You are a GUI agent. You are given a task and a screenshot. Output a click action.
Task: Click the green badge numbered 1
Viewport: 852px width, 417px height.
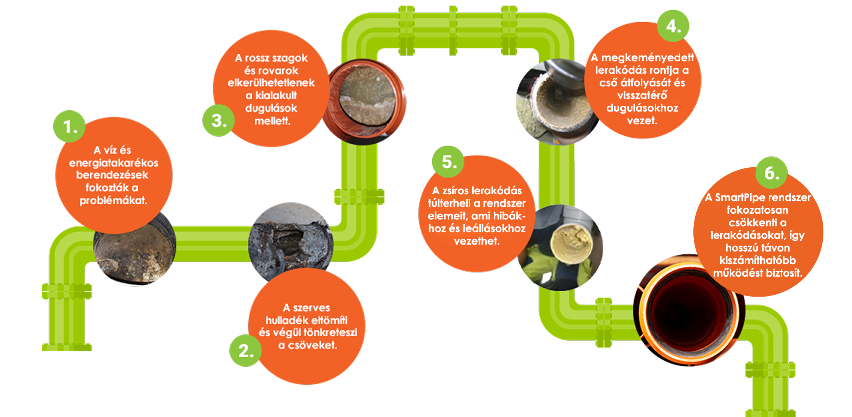[x=69, y=126]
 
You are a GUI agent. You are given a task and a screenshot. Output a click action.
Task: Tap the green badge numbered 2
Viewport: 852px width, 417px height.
[x=246, y=351]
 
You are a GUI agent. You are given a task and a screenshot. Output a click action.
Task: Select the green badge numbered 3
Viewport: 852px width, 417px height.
[x=219, y=120]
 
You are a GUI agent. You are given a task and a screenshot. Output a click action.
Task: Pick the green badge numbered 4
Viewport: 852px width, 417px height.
[x=673, y=26]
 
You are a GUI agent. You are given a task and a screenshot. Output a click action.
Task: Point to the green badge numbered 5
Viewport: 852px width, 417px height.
[x=448, y=162]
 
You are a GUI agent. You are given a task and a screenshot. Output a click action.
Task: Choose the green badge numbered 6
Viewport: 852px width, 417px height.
[x=771, y=173]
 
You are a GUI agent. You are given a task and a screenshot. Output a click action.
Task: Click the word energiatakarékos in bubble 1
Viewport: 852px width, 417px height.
[x=114, y=163]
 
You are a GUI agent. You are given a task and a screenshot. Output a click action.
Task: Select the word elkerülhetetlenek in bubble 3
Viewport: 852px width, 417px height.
[x=271, y=82]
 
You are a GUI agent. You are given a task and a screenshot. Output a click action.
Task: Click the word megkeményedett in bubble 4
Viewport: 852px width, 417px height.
[x=648, y=58]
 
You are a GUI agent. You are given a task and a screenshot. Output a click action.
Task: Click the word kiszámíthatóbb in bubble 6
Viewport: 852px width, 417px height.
[x=757, y=260]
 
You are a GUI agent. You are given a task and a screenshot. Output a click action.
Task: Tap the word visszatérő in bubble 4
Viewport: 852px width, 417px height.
[x=642, y=95]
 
